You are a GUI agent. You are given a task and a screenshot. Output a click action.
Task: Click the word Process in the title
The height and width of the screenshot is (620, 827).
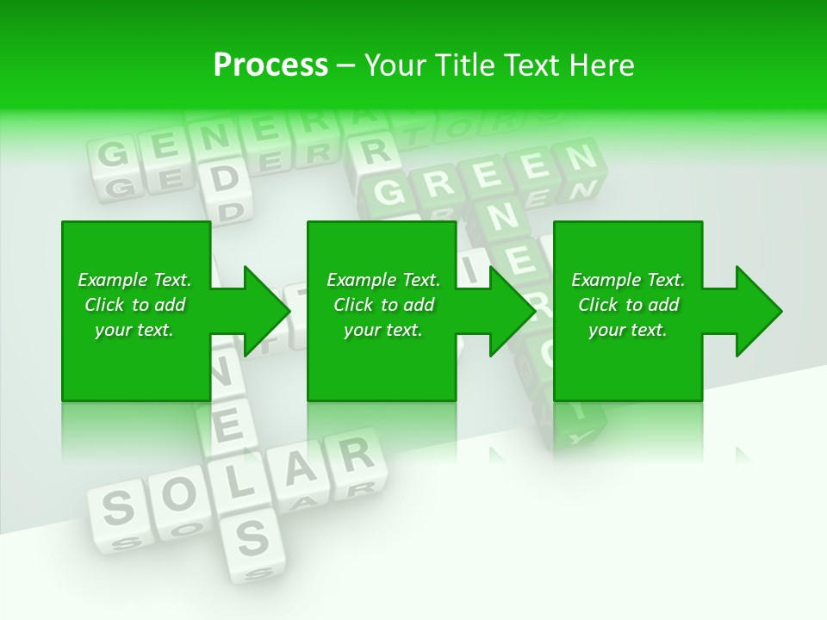[270, 65]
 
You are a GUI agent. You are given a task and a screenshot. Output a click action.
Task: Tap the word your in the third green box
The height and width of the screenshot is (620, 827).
[606, 330]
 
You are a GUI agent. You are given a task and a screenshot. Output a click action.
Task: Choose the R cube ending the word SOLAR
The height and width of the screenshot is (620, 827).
[353, 454]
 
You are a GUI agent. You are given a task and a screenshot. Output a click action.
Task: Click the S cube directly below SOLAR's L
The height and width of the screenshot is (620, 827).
[252, 537]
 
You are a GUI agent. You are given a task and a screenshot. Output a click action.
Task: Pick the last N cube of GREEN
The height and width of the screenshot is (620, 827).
[579, 158]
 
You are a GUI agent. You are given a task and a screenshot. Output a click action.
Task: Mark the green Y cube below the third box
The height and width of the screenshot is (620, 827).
[580, 436]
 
